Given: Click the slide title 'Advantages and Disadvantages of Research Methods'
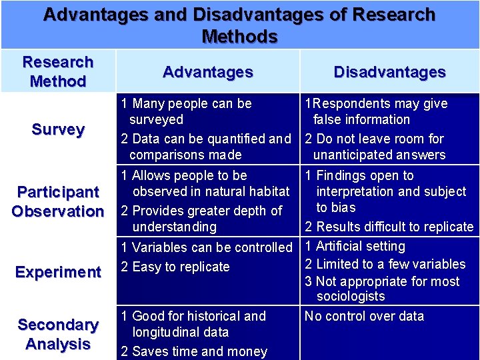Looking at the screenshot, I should coord(239,25).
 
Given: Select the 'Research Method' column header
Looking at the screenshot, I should coord(58,72).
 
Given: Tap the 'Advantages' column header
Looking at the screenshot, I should coord(208,72).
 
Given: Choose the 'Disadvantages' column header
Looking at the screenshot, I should coord(389,72).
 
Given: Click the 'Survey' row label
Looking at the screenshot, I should coord(58,129).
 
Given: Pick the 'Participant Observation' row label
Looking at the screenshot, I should coord(58,201).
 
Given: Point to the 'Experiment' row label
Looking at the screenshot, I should coord(58,272).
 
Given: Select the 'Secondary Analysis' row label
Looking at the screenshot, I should coord(58,334).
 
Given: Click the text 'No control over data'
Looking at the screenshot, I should coord(364,316).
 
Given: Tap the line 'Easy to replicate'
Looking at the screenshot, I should coord(181,267).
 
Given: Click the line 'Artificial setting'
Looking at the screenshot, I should coord(360,246).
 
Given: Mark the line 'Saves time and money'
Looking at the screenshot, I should coord(199,351).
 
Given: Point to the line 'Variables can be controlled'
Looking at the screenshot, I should coord(212,247).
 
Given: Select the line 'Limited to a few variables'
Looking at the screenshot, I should coord(390,264).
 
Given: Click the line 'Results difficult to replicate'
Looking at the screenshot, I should coord(394,227).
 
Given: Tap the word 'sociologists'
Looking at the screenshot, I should coord(351,296).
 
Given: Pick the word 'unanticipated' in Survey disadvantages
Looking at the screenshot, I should coord(353,155).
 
